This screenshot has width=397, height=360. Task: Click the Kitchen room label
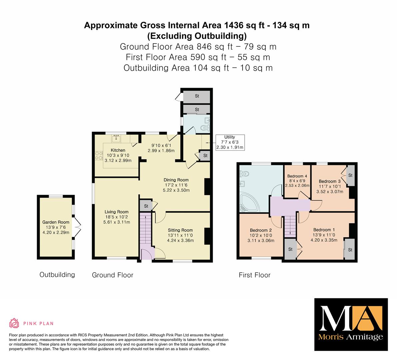[x=118, y=150]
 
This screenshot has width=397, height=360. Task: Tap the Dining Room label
[x=176, y=180]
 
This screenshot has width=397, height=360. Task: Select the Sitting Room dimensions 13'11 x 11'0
[x=180, y=235]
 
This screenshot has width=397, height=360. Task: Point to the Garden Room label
[x=56, y=222]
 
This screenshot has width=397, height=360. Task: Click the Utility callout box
[x=230, y=142]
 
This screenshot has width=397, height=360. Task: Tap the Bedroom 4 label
[x=297, y=176]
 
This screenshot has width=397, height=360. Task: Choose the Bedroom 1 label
[x=324, y=230]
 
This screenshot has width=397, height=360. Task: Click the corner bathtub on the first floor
[x=250, y=203]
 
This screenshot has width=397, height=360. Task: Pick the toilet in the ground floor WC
[x=205, y=128]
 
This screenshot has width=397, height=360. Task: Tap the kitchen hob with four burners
[x=99, y=155]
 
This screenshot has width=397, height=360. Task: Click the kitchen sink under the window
[x=116, y=138]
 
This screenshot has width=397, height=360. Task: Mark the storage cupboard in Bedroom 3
[x=351, y=175]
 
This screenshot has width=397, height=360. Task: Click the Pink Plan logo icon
[x=14, y=323]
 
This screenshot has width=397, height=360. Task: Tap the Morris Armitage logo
[x=351, y=324]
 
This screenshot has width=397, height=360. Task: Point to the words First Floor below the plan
[x=254, y=275]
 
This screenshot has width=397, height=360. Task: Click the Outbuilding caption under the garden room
[x=57, y=275]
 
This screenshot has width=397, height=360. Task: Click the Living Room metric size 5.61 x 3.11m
[x=116, y=222]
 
